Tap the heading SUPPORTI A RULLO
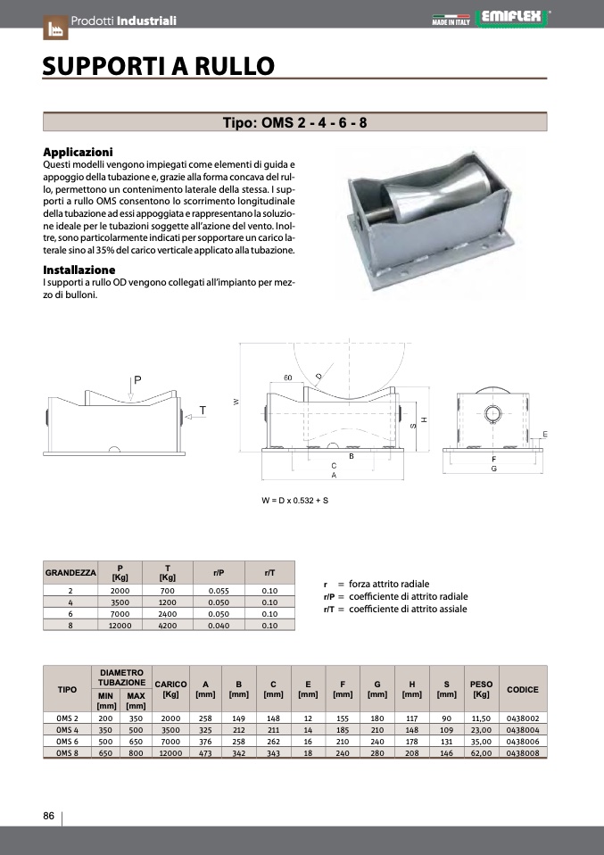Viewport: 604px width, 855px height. [159, 65]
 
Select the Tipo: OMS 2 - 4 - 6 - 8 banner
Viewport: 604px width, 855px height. [294, 123]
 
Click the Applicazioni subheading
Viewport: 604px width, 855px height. [79, 153]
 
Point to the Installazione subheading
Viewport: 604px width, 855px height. [79, 270]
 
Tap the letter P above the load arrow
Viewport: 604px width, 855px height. [137, 379]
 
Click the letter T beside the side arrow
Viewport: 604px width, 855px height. [203, 411]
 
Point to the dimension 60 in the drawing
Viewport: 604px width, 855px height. [288, 378]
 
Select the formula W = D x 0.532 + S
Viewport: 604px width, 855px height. [295, 501]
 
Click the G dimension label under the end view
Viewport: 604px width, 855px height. [493, 469]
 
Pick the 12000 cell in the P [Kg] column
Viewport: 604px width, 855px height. [120, 626]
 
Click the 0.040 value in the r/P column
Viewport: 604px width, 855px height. [219, 626]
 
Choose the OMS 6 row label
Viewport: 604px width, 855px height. [68, 741]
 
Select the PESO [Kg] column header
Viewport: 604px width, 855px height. [481, 689]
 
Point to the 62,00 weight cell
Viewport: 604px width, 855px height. [481, 752]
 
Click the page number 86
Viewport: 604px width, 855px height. [49, 816]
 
